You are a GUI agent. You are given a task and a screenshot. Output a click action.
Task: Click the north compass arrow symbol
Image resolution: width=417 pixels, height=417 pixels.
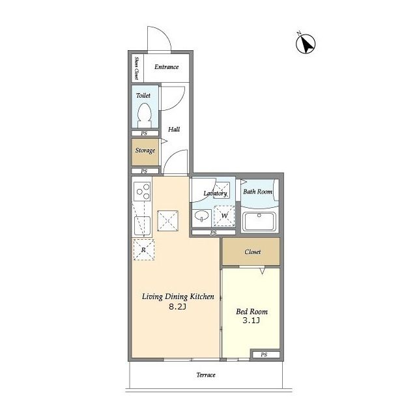(x=306, y=44)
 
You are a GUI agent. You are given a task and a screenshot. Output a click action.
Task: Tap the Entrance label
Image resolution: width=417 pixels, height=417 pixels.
(x=167, y=66)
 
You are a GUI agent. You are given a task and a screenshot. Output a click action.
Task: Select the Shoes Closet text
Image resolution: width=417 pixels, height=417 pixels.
(x=137, y=68)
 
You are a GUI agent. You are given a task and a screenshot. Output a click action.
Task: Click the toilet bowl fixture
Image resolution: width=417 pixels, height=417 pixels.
(x=145, y=116)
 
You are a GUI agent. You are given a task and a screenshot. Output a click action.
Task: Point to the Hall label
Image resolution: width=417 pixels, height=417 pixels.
(x=174, y=129)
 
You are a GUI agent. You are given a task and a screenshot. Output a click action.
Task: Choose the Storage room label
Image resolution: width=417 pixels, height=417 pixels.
(x=145, y=151)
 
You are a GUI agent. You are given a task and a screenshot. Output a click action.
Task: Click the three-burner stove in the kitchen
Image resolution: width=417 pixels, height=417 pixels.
(x=142, y=191)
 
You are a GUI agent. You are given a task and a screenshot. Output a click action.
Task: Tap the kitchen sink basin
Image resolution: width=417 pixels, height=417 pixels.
(x=142, y=226)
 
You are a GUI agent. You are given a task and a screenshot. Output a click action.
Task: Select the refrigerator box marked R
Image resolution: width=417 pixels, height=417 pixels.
(x=143, y=250)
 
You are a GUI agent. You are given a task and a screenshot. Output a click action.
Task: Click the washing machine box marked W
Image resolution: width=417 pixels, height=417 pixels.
(x=224, y=216)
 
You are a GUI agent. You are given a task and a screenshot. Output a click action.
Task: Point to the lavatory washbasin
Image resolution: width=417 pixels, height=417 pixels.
(x=201, y=216)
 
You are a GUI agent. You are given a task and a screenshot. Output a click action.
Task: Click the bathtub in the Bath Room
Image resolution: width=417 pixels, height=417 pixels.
(x=259, y=222)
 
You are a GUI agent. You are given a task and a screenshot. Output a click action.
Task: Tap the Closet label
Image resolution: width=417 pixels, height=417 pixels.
(x=253, y=252)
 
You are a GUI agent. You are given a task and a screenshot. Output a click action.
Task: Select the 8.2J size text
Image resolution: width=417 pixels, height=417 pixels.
(x=178, y=307)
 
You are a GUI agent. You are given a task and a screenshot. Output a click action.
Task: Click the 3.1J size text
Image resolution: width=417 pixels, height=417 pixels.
(x=251, y=321)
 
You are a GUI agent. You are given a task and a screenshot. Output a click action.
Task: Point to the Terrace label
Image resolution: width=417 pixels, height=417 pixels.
(x=206, y=375)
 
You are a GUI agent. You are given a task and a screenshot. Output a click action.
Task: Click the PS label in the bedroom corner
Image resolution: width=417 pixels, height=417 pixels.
(x=264, y=354)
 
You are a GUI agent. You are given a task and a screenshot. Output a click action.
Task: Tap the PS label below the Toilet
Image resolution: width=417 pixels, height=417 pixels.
(x=144, y=133)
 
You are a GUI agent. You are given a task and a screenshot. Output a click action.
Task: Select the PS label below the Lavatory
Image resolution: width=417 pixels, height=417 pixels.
(x=213, y=233)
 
